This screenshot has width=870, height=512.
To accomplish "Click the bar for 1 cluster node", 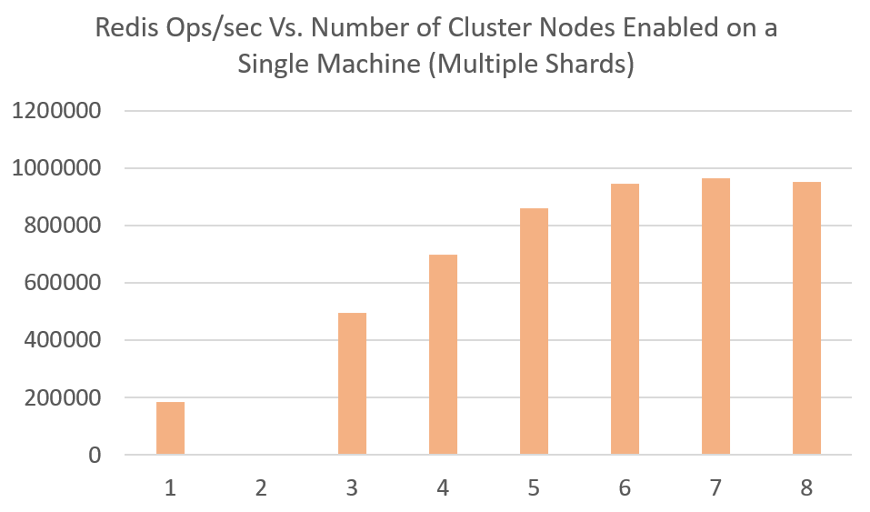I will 170,428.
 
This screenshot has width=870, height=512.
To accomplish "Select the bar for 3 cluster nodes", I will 352,384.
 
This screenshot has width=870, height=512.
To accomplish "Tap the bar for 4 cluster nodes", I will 443,355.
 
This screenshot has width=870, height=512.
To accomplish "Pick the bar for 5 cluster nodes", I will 534,331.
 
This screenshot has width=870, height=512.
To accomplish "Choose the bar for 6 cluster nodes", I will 625,319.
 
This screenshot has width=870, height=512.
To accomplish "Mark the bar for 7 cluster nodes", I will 715,316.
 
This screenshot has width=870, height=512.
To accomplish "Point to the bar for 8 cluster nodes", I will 806,318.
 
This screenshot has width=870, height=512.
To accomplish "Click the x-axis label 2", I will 261,488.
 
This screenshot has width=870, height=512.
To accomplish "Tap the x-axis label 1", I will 170,488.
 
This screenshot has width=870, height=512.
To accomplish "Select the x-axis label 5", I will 534,488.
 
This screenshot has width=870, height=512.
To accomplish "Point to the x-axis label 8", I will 806,488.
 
